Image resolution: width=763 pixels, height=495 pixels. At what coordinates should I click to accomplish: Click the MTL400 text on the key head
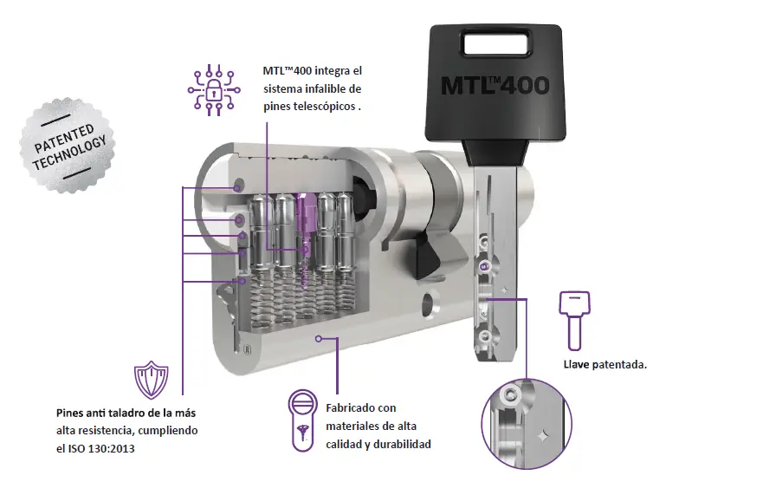(x=495, y=85)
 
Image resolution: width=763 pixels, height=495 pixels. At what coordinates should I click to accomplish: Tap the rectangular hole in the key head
(x=496, y=43)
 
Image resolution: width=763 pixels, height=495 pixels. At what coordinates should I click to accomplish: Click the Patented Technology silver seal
(x=68, y=145)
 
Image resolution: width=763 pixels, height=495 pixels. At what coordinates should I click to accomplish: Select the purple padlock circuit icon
(x=214, y=90)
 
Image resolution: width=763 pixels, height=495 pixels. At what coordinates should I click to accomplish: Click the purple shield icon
(x=152, y=380)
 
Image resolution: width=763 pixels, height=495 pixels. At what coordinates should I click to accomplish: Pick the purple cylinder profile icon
(x=302, y=420)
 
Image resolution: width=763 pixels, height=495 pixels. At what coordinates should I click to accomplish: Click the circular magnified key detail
(x=527, y=424)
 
